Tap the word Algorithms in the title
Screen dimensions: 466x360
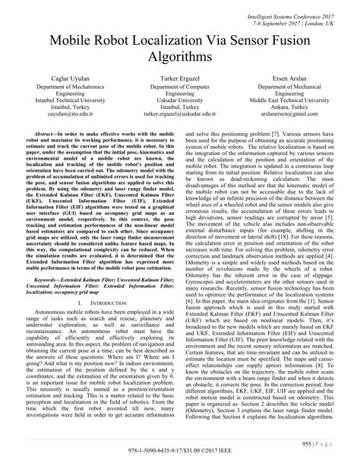(x=180, y=58)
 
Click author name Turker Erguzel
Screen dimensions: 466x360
(x=179, y=80)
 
